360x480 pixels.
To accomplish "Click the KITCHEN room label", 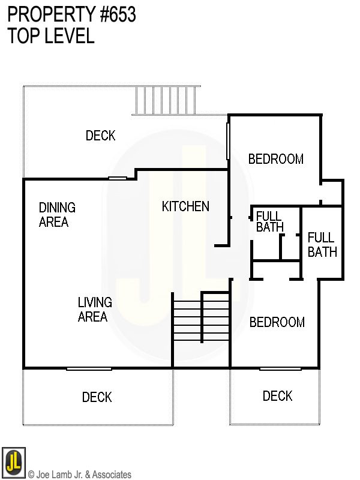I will [x=185, y=206].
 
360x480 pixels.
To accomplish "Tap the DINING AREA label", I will [x=57, y=215].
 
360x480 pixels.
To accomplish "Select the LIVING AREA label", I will [x=95, y=310].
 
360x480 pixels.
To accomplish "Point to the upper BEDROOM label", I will [x=275, y=159].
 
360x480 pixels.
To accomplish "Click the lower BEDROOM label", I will [x=277, y=322].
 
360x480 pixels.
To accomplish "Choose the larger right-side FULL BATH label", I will [x=322, y=245].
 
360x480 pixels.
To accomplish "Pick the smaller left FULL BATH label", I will [x=269, y=221].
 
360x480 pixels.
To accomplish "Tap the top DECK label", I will [x=100, y=136].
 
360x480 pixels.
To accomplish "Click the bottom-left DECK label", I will [x=97, y=397].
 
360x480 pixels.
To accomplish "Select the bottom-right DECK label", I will [x=277, y=396].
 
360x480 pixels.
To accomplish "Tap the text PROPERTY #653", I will [x=72, y=15].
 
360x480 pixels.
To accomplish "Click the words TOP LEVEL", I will [x=51, y=36].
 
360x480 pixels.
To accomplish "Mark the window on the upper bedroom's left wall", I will [x=227, y=141].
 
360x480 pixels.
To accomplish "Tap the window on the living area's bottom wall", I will [x=89, y=368].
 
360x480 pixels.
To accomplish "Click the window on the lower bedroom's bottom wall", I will [x=280, y=368].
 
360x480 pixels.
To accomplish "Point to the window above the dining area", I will [x=117, y=178].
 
